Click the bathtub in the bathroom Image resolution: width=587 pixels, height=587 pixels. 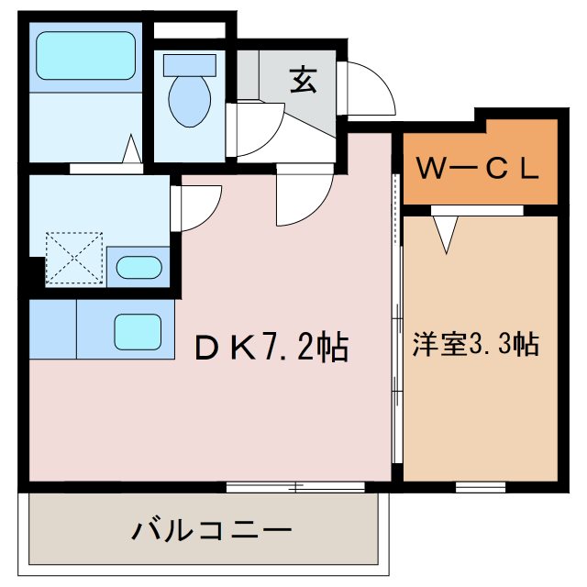84,57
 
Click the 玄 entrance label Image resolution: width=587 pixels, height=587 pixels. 304,81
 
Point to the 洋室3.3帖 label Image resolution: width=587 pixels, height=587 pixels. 474,346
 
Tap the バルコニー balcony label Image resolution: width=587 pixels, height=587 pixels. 212,530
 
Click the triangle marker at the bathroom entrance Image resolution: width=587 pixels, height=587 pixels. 132,150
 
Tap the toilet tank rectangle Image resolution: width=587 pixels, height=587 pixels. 189,65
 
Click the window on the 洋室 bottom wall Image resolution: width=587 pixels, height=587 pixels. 481,483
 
